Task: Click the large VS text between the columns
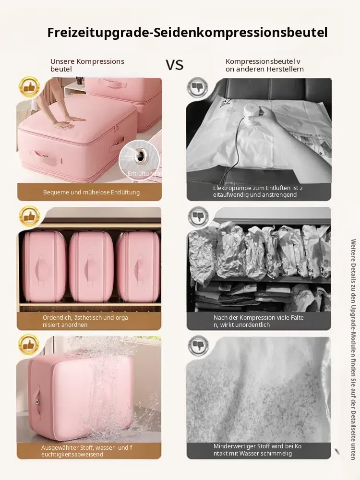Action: [175, 65]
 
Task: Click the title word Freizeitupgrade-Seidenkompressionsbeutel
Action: [187, 33]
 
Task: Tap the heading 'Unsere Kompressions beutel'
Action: [87, 65]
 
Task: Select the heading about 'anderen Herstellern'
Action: [264, 65]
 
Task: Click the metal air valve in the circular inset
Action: [140, 155]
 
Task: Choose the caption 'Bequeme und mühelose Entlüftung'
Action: [91, 192]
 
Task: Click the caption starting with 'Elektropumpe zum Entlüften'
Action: [258, 192]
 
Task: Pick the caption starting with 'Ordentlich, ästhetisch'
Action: [85, 321]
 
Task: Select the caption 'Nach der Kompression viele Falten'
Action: [258, 321]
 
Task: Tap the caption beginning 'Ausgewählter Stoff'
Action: [86, 451]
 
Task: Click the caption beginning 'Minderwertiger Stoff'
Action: [257, 450]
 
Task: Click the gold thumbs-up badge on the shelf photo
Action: [29, 216]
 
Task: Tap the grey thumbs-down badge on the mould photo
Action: [198, 346]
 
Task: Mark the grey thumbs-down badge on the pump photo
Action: [198, 87]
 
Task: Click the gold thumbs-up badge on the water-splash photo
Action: [29, 345]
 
